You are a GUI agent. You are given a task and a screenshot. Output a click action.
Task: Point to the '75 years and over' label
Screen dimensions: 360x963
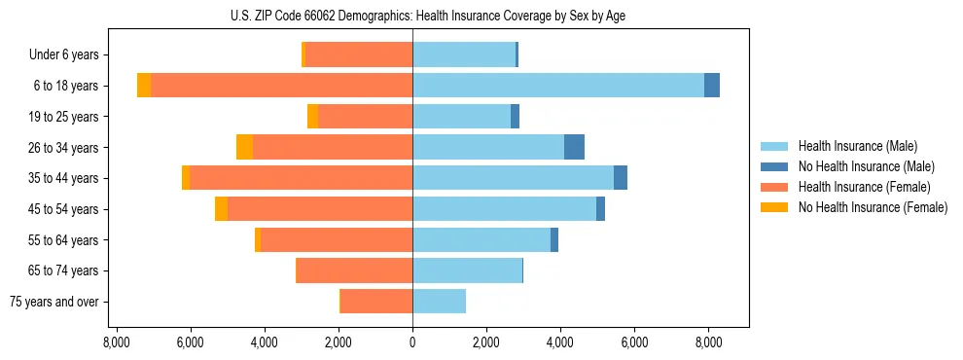tap(54, 302)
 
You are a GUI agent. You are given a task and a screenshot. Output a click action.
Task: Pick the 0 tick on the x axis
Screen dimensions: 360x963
tap(412, 342)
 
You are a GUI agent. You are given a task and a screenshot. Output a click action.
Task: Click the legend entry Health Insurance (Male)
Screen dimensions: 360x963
tap(857, 146)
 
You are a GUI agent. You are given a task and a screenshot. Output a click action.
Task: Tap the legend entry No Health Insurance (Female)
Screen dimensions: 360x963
tap(873, 207)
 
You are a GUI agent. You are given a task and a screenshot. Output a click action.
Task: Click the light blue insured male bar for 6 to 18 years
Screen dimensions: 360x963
tap(558, 86)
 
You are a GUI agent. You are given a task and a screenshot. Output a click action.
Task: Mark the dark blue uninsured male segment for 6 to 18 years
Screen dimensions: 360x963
tap(712, 86)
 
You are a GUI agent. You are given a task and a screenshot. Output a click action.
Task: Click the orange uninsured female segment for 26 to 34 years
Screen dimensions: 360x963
tap(244, 147)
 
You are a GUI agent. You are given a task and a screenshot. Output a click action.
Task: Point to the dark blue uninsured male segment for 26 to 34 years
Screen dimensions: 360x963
tap(574, 147)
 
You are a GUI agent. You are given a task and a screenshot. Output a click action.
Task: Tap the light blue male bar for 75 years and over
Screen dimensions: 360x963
tap(439, 302)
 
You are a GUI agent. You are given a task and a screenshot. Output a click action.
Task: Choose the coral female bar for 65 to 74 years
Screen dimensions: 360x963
tap(354, 270)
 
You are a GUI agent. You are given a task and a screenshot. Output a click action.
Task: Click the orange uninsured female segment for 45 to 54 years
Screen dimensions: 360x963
tap(221, 209)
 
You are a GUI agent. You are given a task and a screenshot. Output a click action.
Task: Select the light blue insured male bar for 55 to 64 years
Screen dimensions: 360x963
tap(481, 239)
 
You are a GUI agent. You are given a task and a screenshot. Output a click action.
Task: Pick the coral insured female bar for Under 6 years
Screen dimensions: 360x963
tap(359, 54)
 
